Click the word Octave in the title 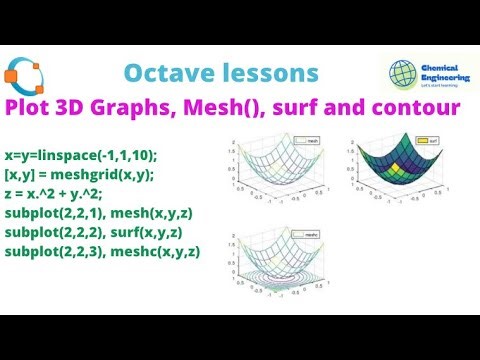coord(166,74)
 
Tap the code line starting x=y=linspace coord(81,157)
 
